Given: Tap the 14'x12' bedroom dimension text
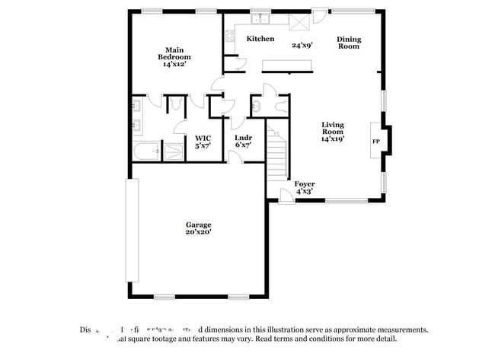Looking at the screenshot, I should pos(174,65).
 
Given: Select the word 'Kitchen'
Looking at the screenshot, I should pos(260,39).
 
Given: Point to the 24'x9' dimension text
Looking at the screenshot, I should pos(303,45).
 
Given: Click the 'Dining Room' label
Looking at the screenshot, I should pos(349,43).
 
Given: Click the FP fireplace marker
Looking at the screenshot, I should pos(375,142).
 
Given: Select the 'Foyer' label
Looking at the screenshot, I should pos(305,184).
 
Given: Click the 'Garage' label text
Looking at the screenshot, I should pos(198,225).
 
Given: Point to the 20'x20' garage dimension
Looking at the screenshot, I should pos(198,232).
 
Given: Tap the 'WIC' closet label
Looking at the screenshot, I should pos(203,139).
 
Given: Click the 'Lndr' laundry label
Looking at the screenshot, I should pos(243,139).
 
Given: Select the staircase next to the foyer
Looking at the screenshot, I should pos(276,155).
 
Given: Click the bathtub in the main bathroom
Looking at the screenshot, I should pos(146,151).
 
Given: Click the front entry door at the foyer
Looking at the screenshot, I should pos(286,196).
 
